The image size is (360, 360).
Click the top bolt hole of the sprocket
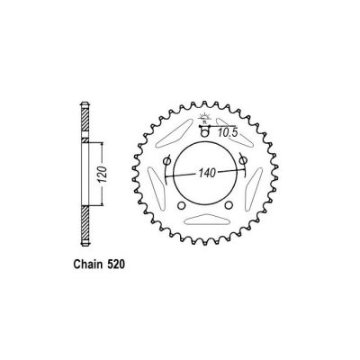(x=205, y=133)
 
